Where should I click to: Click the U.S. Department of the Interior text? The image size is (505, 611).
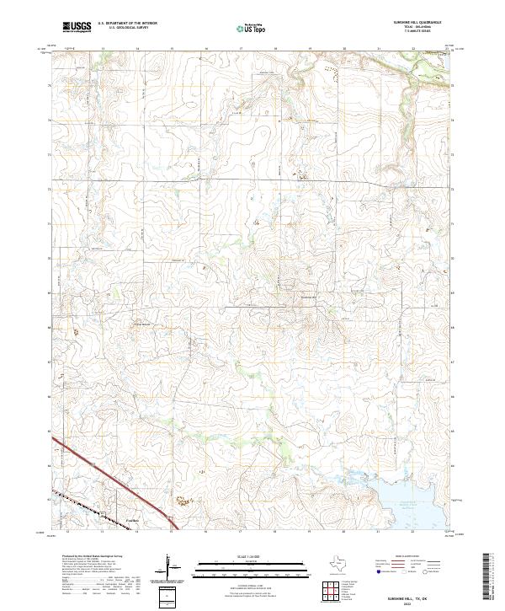click(127, 24)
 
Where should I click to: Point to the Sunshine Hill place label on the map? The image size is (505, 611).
click(311, 297)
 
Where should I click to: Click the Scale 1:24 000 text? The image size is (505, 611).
click(252, 557)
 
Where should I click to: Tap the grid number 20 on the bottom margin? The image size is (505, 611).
click(345, 533)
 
